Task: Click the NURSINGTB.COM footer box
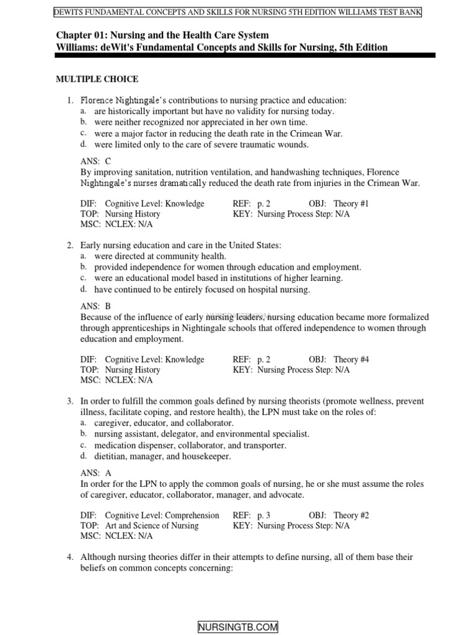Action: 238,627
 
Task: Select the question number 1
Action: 71,100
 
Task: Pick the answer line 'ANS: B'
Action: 96,306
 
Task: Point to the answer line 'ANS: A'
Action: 96,472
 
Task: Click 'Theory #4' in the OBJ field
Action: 351,359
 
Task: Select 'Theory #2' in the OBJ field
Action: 351,515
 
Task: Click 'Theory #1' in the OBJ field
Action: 351,203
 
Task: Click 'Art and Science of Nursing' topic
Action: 152,526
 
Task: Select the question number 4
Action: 71,557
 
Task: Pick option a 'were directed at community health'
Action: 160,256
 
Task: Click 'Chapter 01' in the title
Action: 80,35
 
